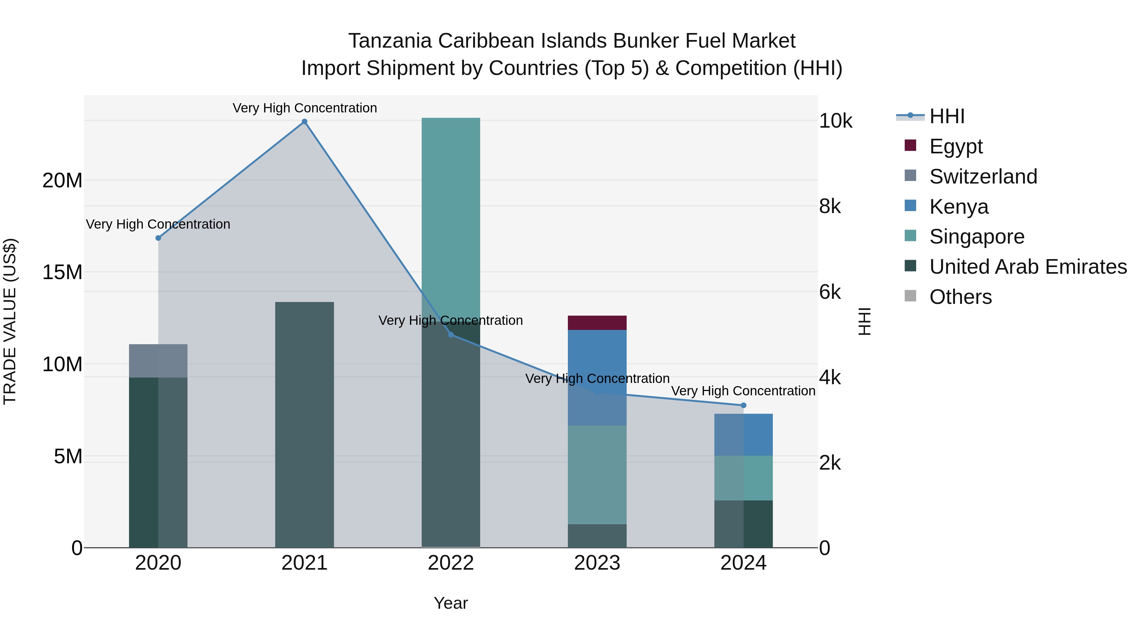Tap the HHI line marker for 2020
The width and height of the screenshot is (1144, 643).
pos(158,238)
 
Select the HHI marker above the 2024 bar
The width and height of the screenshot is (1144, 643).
pos(743,405)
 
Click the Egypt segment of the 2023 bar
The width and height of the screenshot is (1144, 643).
pos(597,323)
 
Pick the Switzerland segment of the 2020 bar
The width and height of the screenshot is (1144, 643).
pos(158,361)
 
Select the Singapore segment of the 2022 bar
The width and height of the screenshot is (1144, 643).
pos(451,218)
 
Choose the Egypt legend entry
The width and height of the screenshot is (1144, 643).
pos(956,146)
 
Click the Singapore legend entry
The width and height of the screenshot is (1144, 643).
pos(977,237)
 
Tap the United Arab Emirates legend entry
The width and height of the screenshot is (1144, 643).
pos(1028,267)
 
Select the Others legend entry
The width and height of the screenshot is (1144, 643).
pos(960,297)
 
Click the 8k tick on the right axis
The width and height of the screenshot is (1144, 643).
pos(830,206)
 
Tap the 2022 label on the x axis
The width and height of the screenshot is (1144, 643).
pos(451,563)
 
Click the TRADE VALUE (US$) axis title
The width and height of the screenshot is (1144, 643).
pos(10,321)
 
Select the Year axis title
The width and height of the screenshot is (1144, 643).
pos(451,603)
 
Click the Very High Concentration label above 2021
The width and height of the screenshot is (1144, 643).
pos(305,108)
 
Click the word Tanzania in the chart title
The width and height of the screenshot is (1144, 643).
pos(390,41)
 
